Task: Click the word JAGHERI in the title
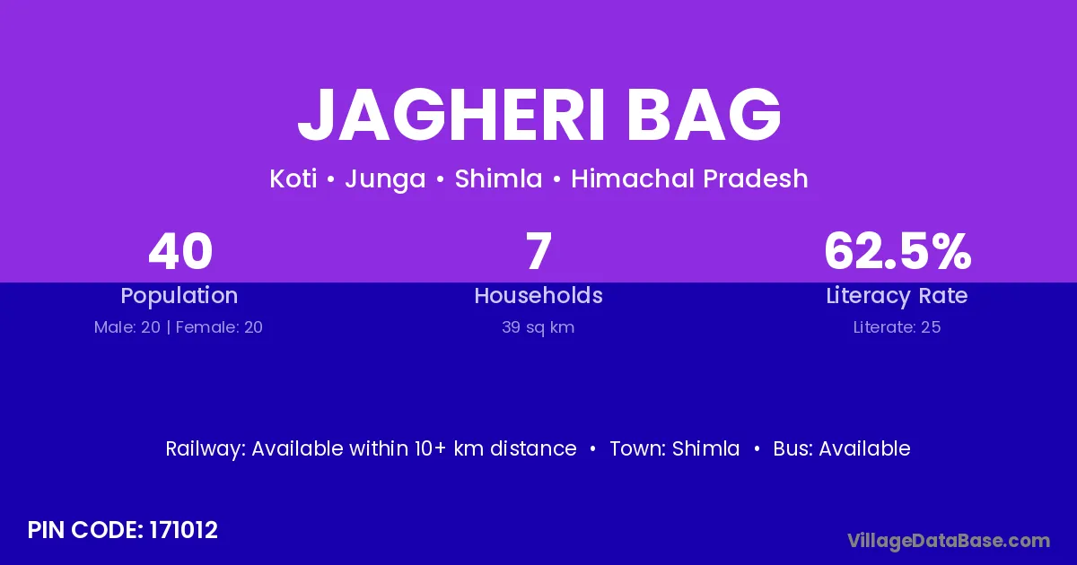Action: tap(451, 115)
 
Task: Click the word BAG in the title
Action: tap(704, 115)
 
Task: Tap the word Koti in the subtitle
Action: tap(293, 178)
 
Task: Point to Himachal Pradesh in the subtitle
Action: tap(689, 178)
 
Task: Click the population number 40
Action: tap(180, 251)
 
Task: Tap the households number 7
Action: tap(538, 251)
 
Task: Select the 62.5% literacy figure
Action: tap(897, 251)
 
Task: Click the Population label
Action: tap(179, 296)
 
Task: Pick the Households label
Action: tap(538, 295)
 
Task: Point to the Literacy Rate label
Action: tap(897, 296)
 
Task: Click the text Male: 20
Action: tap(127, 327)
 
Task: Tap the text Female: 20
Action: tap(219, 327)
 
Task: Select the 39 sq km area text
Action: tap(538, 327)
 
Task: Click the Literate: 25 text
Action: tap(897, 327)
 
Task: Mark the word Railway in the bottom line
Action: tap(206, 449)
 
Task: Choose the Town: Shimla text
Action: tap(675, 448)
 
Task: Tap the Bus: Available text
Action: tap(842, 448)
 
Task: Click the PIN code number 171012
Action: tap(183, 530)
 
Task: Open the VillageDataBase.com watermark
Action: tap(949, 541)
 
